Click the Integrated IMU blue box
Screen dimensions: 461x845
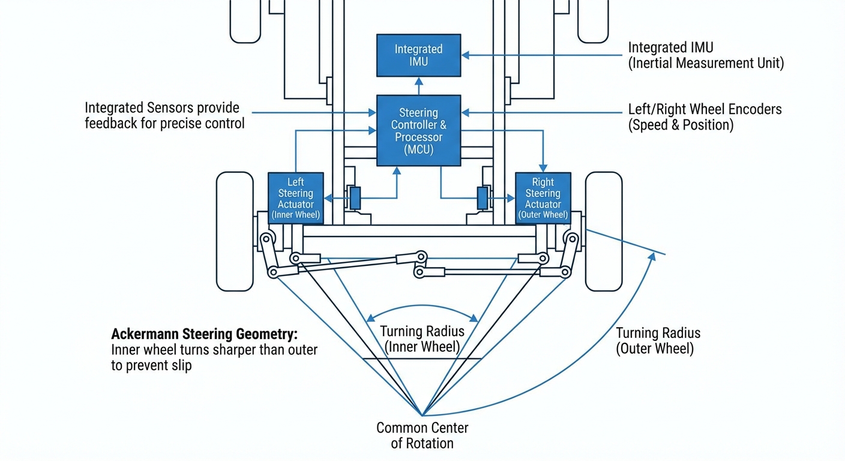[418, 55]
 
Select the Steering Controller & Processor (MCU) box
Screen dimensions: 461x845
[418, 130]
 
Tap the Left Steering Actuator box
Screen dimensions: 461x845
[295, 198]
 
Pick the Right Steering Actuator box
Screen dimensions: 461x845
[543, 198]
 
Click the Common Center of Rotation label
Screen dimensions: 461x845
[422, 436]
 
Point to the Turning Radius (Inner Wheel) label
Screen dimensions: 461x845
[422, 339]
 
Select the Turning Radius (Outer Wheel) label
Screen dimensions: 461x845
[658, 341]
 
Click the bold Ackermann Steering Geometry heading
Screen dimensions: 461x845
[204, 334]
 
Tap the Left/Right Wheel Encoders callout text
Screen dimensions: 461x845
[705, 117]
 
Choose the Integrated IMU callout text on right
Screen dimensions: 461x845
[705, 55]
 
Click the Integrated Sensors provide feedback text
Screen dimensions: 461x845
[164, 116]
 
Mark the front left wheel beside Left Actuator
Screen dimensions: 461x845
[235, 231]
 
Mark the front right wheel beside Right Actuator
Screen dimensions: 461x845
[603, 231]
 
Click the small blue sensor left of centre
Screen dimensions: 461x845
[355, 198]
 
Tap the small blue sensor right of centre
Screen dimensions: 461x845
[482, 198]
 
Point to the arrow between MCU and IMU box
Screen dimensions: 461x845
[418, 86]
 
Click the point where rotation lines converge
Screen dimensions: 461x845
[422, 415]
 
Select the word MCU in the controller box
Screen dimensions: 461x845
[418, 149]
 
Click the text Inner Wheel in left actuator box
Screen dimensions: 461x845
[295, 215]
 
